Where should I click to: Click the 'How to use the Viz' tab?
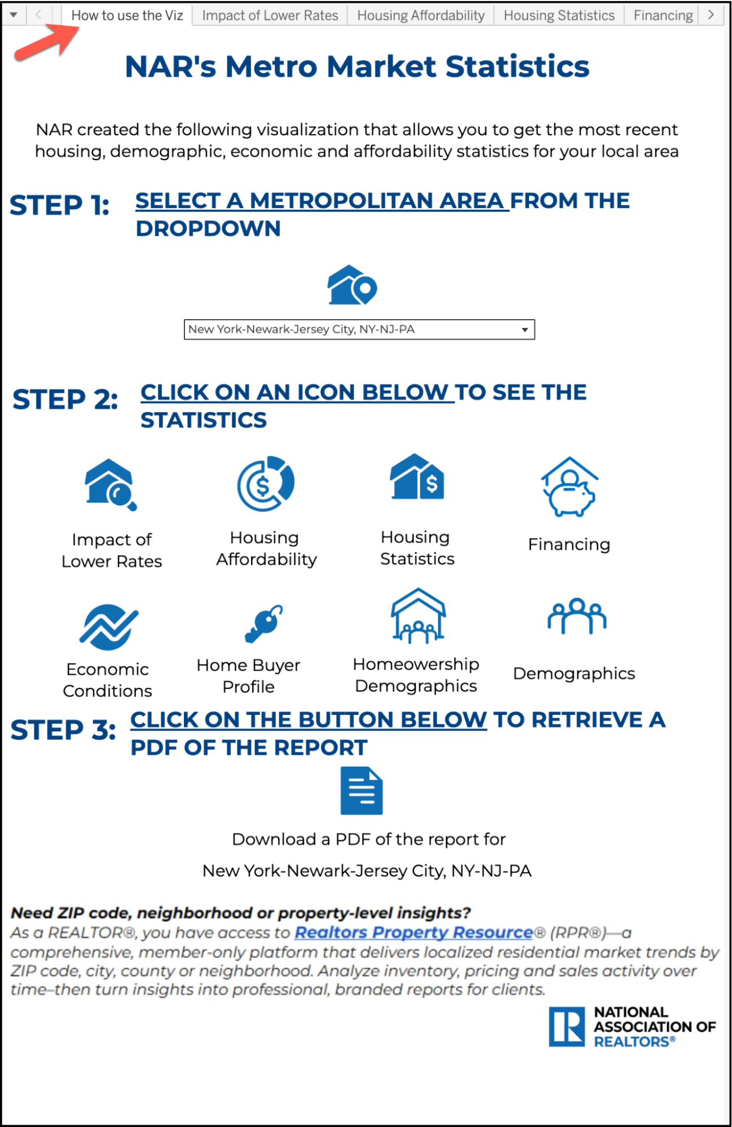[127, 15]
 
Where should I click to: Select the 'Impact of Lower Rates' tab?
[270, 15]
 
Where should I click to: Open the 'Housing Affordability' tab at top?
[421, 15]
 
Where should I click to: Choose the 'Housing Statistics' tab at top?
[559, 15]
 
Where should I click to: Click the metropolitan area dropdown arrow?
[524, 330]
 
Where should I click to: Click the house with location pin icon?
[352, 285]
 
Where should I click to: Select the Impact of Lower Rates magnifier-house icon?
[111, 484]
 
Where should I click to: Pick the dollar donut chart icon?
[266, 483]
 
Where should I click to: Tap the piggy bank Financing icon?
[570, 487]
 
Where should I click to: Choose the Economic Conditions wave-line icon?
[108, 627]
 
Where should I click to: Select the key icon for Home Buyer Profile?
[263, 624]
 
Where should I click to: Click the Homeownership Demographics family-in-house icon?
[418, 616]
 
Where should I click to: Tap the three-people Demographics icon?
[576, 616]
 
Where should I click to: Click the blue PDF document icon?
[361, 790]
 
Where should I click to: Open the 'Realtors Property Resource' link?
[413, 932]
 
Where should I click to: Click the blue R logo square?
[567, 1027]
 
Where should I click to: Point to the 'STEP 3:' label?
[63, 730]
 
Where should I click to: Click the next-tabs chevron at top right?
[711, 15]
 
